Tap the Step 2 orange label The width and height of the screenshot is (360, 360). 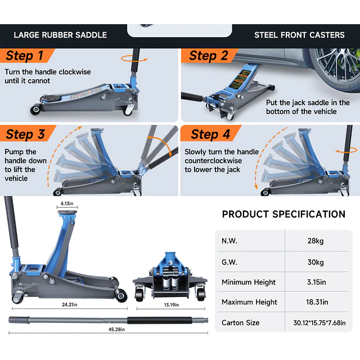pyautogui.click(x=209, y=56)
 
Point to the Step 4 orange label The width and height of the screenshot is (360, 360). pyautogui.click(x=210, y=134)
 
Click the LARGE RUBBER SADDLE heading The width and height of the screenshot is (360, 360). pyautogui.click(x=60, y=35)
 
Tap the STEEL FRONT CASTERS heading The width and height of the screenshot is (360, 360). pyautogui.click(x=299, y=35)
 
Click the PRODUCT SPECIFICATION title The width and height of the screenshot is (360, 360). pyautogui.click(x=283, y=214)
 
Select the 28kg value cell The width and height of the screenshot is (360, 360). pyautogui.click(x=316, y=241)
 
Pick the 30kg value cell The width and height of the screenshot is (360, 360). pyautogui.click(x=316, y=262)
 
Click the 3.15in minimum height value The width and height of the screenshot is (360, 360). pyautogui.click(x=316, y=282)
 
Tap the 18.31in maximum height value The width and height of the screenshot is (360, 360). pyautogui.click(x=317, y=302)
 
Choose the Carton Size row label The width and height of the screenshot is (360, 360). pyautogui.click(x=240, y=322)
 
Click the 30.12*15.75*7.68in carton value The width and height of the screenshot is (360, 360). pyautogui.click(x=319, y=323)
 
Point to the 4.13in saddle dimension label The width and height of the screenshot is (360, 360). pyautogui.click(x=67, y=204)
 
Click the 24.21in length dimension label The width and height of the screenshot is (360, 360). pyautogui.click(x=70, y=304)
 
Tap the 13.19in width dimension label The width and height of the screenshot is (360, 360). pyautogui.click(x=171, y=305)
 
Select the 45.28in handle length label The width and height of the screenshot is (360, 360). pyautogui.click(x=116, y=329)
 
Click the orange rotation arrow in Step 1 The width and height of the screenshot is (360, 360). pyautogui.click(x=134, y=58)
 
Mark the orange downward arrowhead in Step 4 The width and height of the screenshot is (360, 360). pyautogui.click(x=256, y=187)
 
